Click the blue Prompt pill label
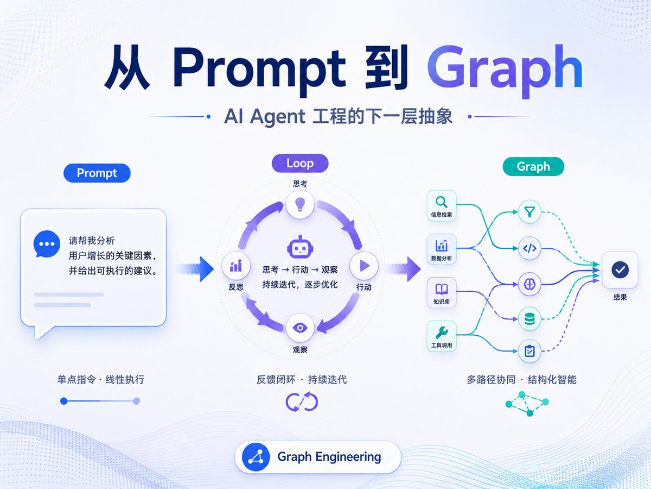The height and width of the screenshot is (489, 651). (x=97, y=173)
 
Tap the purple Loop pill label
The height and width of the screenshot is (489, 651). (x=300, y=163)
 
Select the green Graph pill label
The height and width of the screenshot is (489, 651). (x=533, y=166)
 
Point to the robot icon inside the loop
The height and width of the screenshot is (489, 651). (x=300, y=247)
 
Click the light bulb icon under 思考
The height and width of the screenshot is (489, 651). (x=300, y=204)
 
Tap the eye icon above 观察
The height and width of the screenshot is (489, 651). (x=300, y=328)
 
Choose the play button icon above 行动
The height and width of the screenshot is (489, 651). (x=364, y=266)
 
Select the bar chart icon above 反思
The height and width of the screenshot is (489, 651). (x=236, y=266)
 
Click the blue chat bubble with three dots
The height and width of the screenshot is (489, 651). (x=47, y=244)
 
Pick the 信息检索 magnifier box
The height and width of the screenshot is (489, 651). (x=441, y=205)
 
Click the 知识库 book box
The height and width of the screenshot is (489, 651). (x=441, y=292)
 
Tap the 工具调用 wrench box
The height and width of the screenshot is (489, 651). (x=441, y=336)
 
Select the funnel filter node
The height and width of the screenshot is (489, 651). (x=529, y=212)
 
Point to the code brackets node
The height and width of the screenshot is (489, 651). (x=529, y=248)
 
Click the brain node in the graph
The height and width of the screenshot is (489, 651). (x=529, y=284)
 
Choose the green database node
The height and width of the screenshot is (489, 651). (x=529, y=319)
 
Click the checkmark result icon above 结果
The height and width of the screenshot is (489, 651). (x=620, y=269)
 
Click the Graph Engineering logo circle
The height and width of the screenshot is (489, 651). (x=256, y=456)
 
